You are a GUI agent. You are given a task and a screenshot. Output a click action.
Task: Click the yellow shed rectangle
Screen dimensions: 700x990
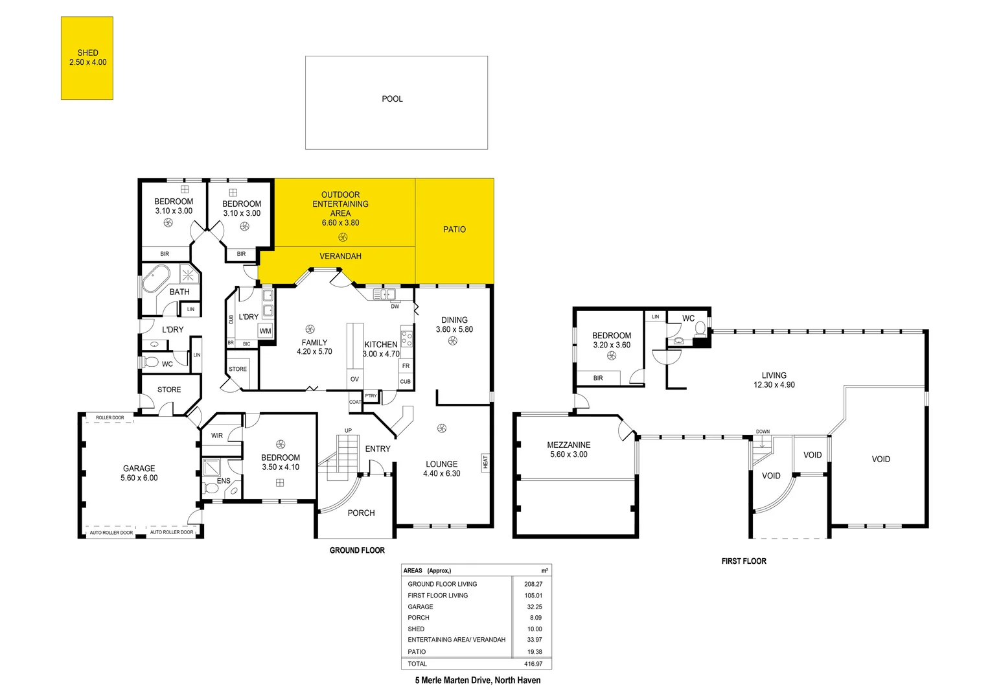point(87,58)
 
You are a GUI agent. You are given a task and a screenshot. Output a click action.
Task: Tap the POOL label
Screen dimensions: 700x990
point(392,99)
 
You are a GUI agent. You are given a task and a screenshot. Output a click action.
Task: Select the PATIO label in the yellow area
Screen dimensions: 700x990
point(454,229)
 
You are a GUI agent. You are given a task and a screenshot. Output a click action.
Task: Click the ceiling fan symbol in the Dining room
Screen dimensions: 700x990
point(453,341)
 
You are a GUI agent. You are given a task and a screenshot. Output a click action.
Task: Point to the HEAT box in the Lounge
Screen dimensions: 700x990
point(485,462)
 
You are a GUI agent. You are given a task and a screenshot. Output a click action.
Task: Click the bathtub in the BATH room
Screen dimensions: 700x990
point(155,279)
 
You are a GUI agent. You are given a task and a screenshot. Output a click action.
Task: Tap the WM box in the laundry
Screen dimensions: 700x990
point(265,331)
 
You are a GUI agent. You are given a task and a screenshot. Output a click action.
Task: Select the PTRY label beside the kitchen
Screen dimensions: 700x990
point(371,396)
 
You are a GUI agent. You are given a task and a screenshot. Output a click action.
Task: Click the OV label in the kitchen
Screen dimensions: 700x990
point(354,380)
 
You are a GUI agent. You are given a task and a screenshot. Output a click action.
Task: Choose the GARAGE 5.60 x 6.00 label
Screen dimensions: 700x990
point(139,473)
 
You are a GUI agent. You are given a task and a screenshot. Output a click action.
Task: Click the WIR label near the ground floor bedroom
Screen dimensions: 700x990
point(216,436)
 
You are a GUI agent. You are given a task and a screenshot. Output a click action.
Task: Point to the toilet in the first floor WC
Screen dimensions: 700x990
point(700,329)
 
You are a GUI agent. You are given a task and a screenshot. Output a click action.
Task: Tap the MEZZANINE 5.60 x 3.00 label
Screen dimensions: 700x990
point(568,450)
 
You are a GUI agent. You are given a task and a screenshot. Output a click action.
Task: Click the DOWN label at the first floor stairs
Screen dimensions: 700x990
point(763,432)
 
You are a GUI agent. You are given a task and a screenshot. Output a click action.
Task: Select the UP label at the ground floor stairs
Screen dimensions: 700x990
point(348,431)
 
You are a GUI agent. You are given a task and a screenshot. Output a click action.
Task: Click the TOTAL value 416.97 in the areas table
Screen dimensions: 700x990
point(533,664)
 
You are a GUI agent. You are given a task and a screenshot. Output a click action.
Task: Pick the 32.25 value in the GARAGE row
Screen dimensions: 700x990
point(534,607)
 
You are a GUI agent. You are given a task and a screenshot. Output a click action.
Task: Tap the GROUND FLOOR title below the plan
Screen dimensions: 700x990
point(357,550)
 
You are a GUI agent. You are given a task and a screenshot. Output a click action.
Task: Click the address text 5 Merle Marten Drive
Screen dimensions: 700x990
point(478,681)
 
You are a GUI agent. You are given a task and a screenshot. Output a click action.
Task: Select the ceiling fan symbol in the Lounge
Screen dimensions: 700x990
point(442,428)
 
